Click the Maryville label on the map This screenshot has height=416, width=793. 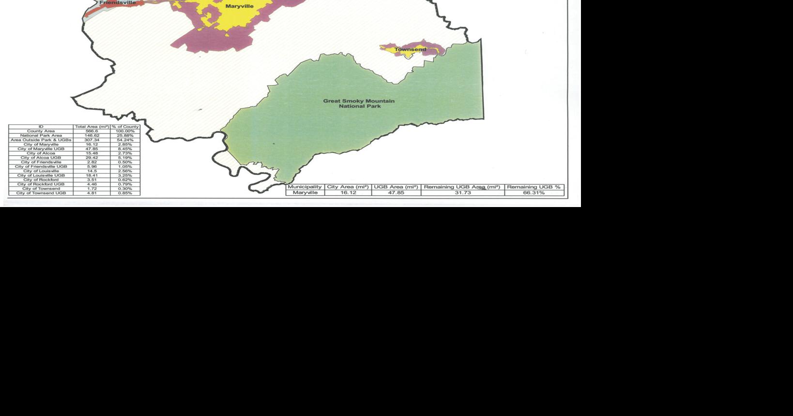pyautogui.click(x=239, y=6)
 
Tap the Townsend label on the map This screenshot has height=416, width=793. pyautogui.click(x=410, y=49)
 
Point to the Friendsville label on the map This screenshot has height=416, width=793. pyautogui.click(x=118, y=2)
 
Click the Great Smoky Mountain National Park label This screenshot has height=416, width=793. pyautogui.click(x=359, y=104)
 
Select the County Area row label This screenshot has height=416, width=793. pyautogui.click(x=41, y=131)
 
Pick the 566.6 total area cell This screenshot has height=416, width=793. pyautogui.click(x=91, y=131)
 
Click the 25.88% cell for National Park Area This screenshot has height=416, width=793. pyautogui.click(x=125, y=135)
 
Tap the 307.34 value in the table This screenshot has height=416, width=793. pyautogui.click(x=91, y=140)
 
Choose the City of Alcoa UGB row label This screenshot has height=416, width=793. pyautogui.click(x=41, y=158)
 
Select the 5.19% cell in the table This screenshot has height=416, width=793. pyautogui.click(x=125, y=158)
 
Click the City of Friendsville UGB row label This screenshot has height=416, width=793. pyautogui.click(x=41, y=166)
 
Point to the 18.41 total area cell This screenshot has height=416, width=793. pyautogui.click(x=91, y=176)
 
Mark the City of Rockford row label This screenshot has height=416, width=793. pyautogui.click(x=41, y=180)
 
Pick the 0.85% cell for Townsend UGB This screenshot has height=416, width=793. pyautogui.click(x=125, y=193)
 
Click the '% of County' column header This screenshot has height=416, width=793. pyautogui.click(x=125, y=127)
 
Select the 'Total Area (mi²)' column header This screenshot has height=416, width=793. pyautogui.click(x=91, y=127)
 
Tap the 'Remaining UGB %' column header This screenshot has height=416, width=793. pyautogui.click(x=534, y=187)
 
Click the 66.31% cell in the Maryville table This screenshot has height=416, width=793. pyautogui.click(x=534, y=193)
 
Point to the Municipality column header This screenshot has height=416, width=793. pyautogui.click(x=305, y=187)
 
